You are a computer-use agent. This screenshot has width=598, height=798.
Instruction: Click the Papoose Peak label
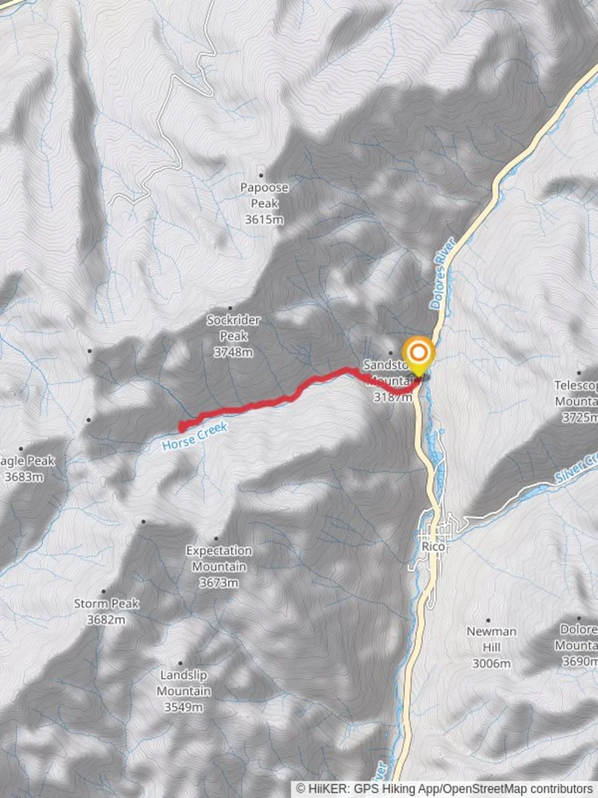click(264, 194)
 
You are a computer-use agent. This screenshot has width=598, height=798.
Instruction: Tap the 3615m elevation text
click(264, 219)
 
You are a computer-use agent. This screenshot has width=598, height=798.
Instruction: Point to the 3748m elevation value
click(233, 352)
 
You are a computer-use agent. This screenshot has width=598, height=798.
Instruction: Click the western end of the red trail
click(182, 426)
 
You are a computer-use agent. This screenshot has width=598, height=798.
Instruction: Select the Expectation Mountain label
click(219, 558)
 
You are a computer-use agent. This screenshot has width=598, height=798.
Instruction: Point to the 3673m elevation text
click(219, 583)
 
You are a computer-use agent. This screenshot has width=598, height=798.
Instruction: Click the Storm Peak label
click(106, 604)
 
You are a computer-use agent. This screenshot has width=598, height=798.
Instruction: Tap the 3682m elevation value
click(106, 620)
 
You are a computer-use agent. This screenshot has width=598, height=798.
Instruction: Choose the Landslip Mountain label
click(183, 683)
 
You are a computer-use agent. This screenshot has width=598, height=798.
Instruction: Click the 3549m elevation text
click(183, 707)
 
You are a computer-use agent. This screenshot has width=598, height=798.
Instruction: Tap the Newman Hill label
click(491, 639)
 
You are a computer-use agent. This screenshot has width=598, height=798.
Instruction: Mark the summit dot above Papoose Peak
click(261, 176)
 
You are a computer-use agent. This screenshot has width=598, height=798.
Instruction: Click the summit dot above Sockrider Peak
click(230, 308)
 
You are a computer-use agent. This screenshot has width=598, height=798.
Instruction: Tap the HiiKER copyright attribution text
click(445, 789)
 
